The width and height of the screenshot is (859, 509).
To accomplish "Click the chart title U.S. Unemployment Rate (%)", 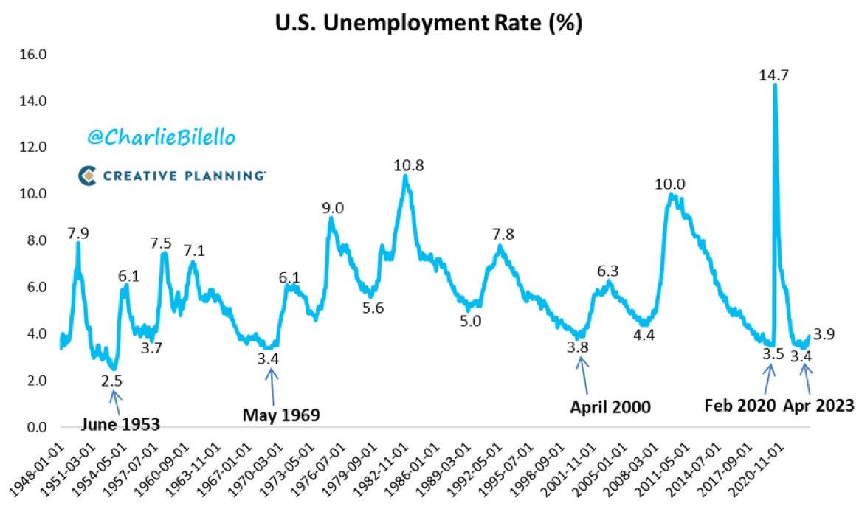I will [x=429, y=24].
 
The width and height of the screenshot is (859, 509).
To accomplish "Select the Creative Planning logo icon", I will [x=88, y=175].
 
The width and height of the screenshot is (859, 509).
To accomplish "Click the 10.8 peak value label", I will [x=407, y=165].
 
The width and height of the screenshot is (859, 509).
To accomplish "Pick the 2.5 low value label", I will [x=112, y=381].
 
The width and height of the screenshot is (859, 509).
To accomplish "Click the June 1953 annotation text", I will [x=120, y=423].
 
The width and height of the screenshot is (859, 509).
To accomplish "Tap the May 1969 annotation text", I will [x=281, y=415].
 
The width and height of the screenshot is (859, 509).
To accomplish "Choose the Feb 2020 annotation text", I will [x=739, y=405].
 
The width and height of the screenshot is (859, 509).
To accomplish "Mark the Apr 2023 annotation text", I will [x=818, y=405].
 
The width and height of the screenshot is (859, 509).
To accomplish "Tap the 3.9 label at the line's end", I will [x=824, y=336].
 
